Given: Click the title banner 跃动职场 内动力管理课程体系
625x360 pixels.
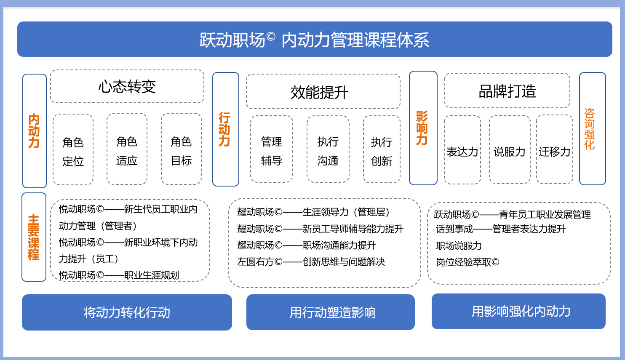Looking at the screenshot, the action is [x=315, y=39].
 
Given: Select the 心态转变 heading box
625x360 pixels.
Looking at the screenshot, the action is [x=127, y=86].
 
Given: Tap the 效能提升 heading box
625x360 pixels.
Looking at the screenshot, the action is [x=323, y=91].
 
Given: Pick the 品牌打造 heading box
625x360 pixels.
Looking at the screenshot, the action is [x=507, y=91].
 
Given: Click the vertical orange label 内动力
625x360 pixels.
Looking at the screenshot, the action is [x=34, y=131].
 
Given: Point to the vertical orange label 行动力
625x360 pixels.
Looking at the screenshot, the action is [x=224, y=129].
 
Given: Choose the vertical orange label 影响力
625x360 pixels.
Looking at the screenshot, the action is [x=422, y=128].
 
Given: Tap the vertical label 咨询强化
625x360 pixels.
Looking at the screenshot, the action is [x=590, y=129].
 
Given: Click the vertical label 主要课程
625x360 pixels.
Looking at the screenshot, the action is [x=34, y=237].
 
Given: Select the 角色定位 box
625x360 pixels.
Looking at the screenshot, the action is [x=73, y=149].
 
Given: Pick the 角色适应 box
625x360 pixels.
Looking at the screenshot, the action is [x=127, y=149].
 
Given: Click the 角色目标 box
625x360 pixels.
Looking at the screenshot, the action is [x=182, y=149].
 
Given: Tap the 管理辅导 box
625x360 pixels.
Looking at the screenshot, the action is [x=272, y=149].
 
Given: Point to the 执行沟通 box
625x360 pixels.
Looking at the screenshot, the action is [x=328, y=149].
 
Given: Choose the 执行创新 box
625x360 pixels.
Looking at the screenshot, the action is [x=382, y=149].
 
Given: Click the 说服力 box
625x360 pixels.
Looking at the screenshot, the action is [x=510, y=149].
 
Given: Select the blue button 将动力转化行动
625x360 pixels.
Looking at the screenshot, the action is [x=127, y=312].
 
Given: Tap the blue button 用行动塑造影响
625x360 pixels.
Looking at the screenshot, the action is [x=330, y=312].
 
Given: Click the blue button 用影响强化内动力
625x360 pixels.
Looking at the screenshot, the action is [x=518, y=311].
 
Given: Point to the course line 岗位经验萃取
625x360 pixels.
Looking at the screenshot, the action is [x=467, y=262].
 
